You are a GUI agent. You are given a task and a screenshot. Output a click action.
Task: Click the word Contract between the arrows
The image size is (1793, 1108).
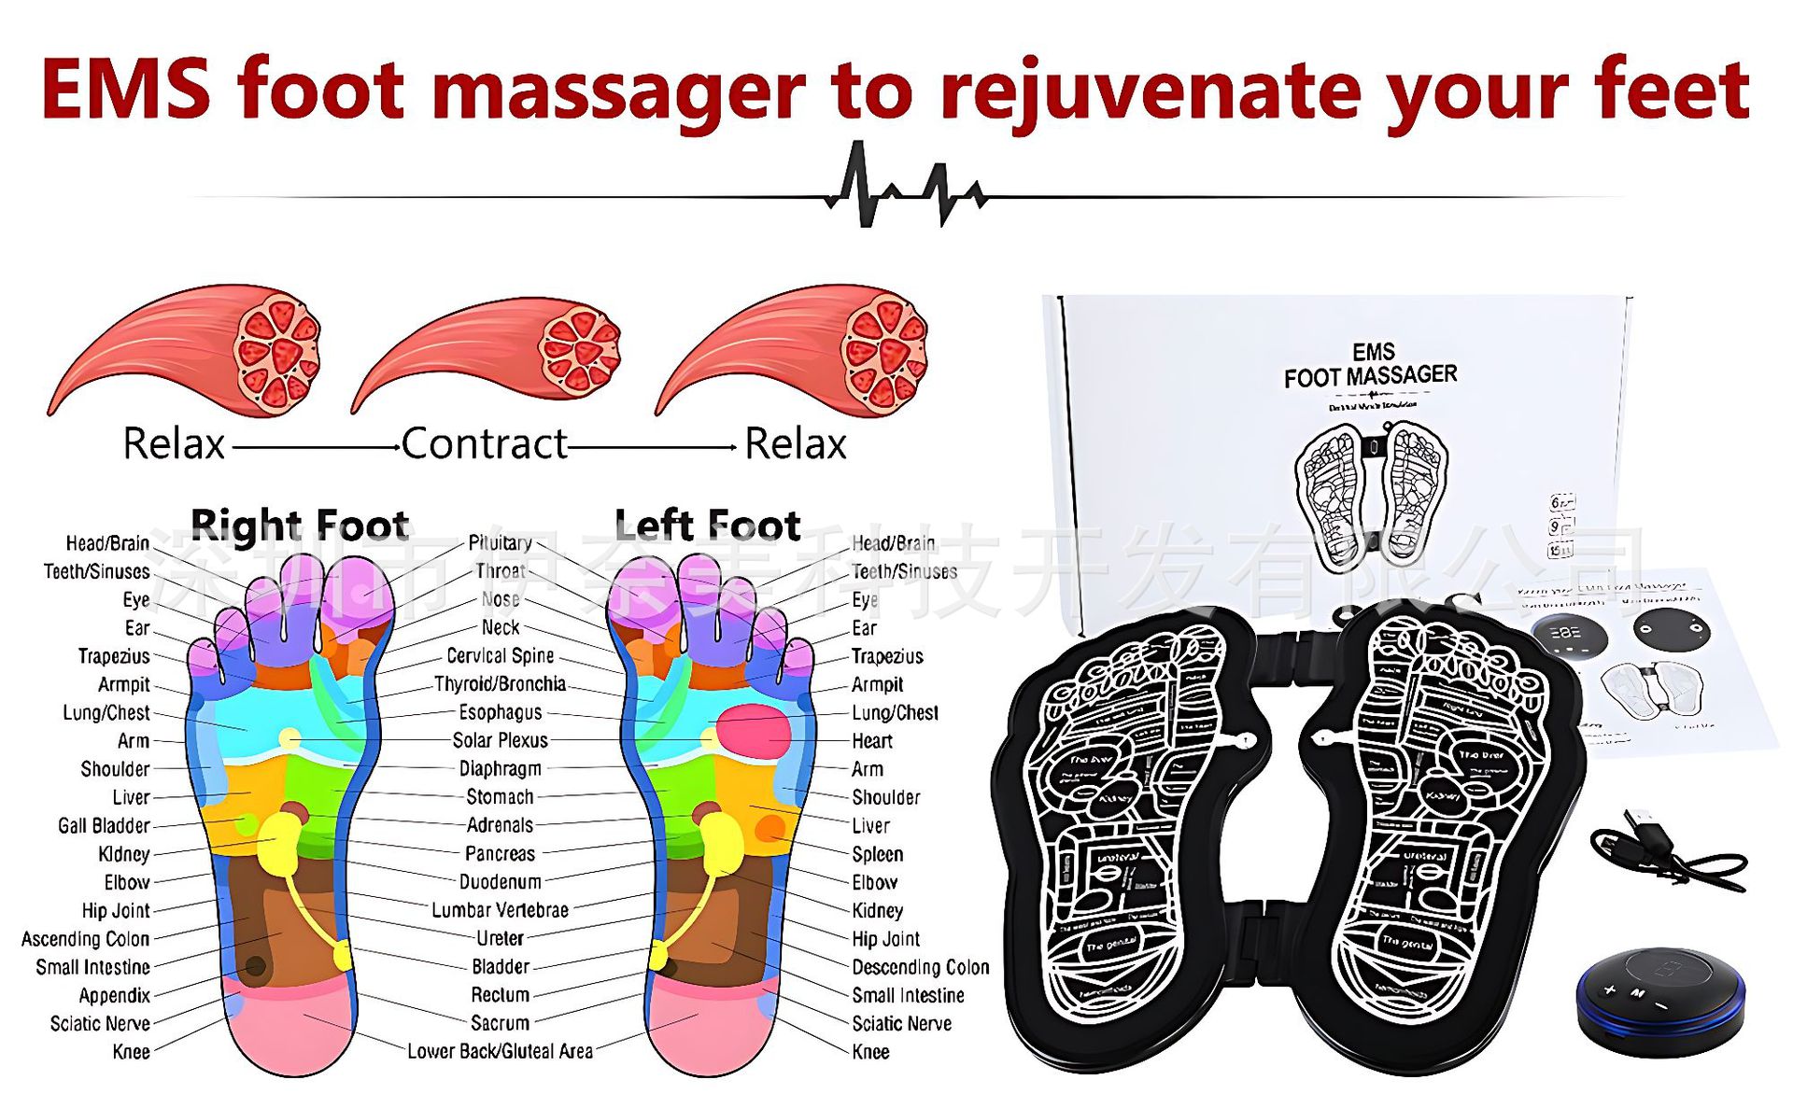[484, 443]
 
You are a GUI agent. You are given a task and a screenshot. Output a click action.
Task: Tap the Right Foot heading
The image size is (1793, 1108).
[299, 525]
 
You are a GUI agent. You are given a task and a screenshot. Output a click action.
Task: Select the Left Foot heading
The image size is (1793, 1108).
[707, 525]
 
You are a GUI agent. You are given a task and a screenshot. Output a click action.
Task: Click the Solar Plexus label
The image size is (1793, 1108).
[500, 740]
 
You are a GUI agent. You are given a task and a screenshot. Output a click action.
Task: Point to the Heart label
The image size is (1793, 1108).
[871, 741]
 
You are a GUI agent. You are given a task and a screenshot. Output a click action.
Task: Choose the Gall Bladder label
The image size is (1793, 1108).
[104, 826]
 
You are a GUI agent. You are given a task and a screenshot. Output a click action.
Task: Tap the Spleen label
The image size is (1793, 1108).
[877, 854]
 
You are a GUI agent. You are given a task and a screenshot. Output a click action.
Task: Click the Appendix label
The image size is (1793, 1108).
[114, 995]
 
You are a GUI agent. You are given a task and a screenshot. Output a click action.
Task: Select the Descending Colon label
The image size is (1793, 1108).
[920, 967]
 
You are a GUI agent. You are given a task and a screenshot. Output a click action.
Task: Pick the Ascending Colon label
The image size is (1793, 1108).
[85, 939]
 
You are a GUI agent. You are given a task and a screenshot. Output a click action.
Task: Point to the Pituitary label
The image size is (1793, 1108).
[500, 543]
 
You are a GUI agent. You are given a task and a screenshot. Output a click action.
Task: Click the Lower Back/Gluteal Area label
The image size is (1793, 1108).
[500, 1051]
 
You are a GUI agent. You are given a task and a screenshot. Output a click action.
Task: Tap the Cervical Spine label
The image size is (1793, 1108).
[500, 656]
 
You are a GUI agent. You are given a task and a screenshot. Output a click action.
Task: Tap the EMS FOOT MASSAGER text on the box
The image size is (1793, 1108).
[1370, 365]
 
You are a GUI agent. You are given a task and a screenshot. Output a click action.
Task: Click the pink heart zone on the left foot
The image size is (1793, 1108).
[754, 729]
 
